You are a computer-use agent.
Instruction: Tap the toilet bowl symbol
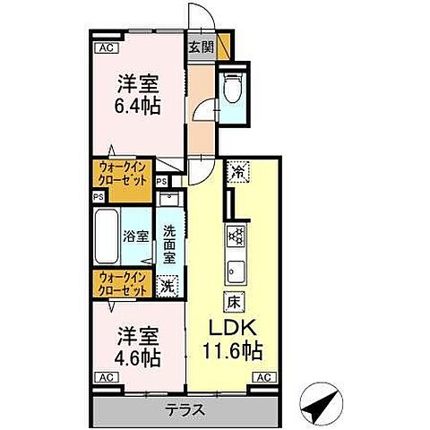[232, 88]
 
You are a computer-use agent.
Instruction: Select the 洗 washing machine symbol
[168, 286]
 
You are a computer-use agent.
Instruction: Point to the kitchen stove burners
[236, 235]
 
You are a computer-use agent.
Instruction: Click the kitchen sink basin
[236, 269]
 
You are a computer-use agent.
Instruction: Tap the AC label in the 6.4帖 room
[105, 47]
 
